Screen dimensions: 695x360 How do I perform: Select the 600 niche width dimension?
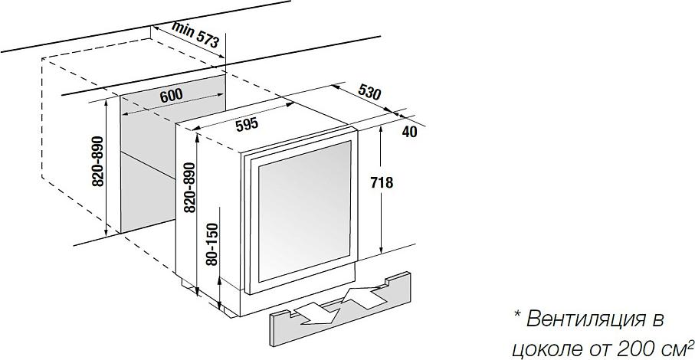coord(172,95)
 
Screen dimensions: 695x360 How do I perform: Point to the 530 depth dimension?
coord(369,92)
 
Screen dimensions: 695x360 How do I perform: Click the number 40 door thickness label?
coord(411,132)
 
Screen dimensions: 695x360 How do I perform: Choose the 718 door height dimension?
coord(381,182)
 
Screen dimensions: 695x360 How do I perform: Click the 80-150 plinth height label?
coord(213,244)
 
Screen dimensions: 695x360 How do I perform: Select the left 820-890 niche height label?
coord(97,161)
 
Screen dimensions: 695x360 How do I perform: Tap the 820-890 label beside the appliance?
coord(189,188)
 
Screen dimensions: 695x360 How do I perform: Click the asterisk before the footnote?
coord(517,315)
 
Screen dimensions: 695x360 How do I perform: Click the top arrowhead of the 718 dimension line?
coord(381,129)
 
